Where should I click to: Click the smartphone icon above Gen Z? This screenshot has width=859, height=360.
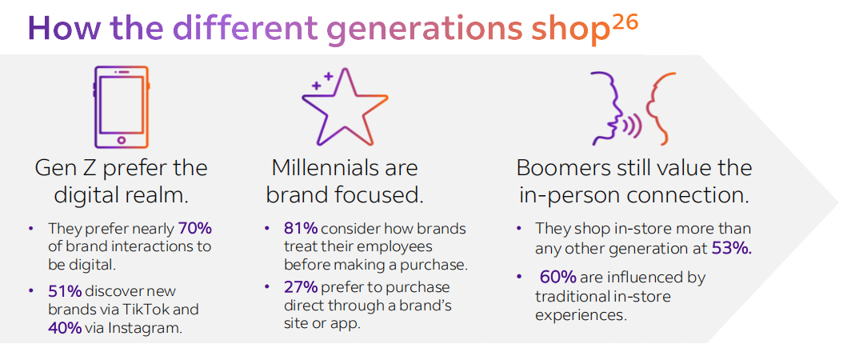(121, 107)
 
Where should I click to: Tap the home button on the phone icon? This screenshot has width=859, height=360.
(121, 140)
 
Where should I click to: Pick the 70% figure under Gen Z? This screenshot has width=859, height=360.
(195, 227)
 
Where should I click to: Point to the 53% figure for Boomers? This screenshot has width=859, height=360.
(732, 249)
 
